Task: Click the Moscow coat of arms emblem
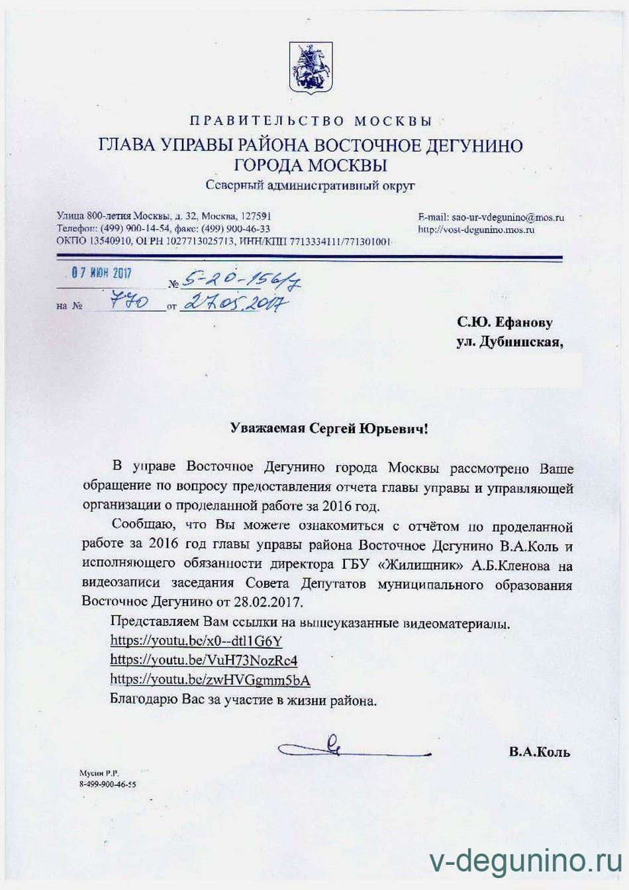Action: click(x=311, y=68)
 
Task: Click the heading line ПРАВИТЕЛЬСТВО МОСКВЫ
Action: click(x=311, y=121)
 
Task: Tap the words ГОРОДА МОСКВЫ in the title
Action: click(x=311, y=165)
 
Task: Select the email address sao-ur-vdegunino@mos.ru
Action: click(x=507, y=217)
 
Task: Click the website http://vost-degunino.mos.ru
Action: click(x=476, y=230)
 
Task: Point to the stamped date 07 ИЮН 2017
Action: click(x=102, y=273)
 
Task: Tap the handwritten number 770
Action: click(x=130, y=303)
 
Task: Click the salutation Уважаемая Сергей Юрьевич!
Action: click(x=329, y=428)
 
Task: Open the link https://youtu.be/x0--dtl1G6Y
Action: click(x=196, y=640)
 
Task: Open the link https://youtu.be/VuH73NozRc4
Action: click(x=203, y=660)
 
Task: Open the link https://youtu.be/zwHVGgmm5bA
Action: click(x=210, y=680)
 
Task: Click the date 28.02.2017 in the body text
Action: click(x=267, y=603)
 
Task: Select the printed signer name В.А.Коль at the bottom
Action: click(x=539, y=752)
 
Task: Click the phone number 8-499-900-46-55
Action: click(x=107, y=784)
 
